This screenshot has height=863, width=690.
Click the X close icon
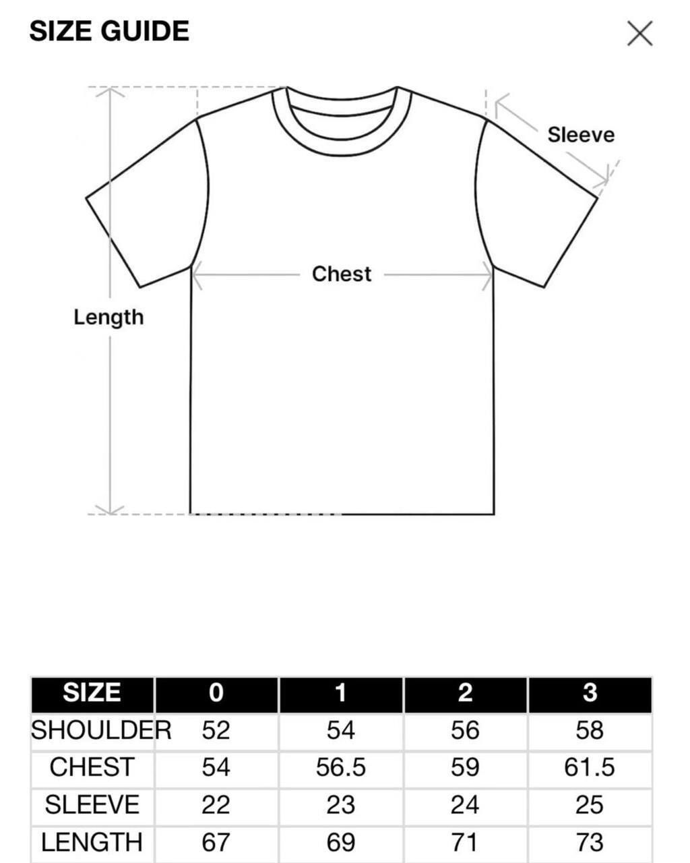coord(639,33)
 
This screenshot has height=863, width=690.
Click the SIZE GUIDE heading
coord(109,31)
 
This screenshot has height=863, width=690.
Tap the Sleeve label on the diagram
coord(581,135)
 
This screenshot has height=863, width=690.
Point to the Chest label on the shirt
coord(342,274)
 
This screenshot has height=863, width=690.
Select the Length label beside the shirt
coord(108,317)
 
